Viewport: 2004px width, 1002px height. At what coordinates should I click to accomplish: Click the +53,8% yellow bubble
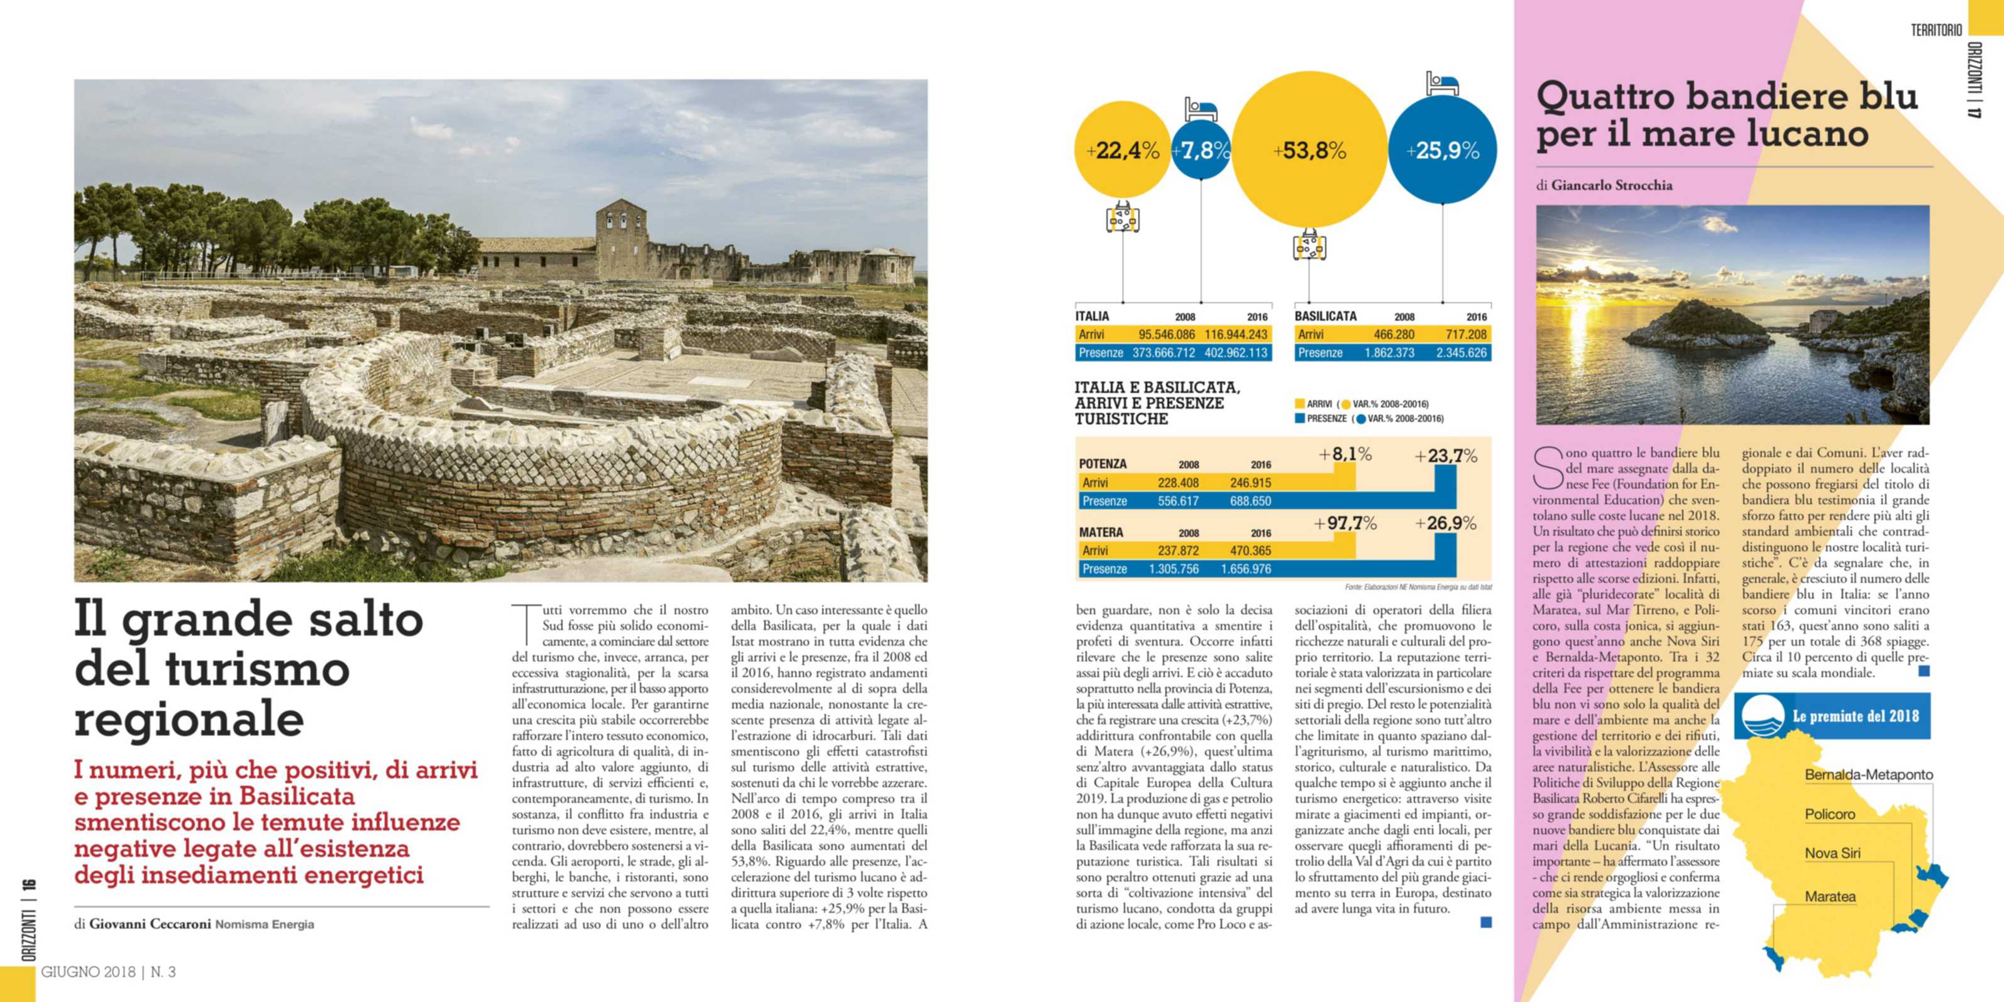1309,150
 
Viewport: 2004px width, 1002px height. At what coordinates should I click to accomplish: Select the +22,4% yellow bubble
1122,150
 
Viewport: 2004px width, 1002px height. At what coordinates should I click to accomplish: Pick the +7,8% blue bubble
1201,150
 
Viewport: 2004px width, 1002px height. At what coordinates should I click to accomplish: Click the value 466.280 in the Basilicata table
1394,334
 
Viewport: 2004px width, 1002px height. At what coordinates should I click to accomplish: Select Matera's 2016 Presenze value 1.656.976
1250,570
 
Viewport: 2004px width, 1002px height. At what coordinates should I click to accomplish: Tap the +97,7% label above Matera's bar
1345,524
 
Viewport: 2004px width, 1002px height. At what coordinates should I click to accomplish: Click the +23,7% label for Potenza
1445,456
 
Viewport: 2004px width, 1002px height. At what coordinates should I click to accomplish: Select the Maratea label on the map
1830,897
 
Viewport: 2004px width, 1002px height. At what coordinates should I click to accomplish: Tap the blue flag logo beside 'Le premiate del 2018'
1762,717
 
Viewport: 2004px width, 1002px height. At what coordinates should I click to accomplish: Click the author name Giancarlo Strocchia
1611,185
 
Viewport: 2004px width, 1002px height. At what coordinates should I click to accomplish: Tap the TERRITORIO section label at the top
1936,30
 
